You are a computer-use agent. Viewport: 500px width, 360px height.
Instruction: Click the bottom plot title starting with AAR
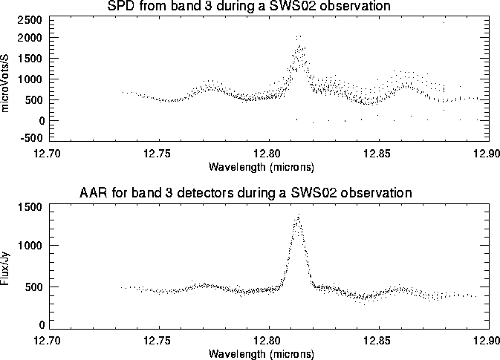pos(245,193)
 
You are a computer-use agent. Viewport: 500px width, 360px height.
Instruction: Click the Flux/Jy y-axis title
pos(7,266)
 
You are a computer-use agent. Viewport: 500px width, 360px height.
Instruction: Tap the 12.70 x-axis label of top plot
pos(51,153)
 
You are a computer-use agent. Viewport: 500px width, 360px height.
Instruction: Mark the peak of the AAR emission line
pos(299,216)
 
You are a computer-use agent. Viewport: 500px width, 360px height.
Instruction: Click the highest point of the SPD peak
pos(299,36)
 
